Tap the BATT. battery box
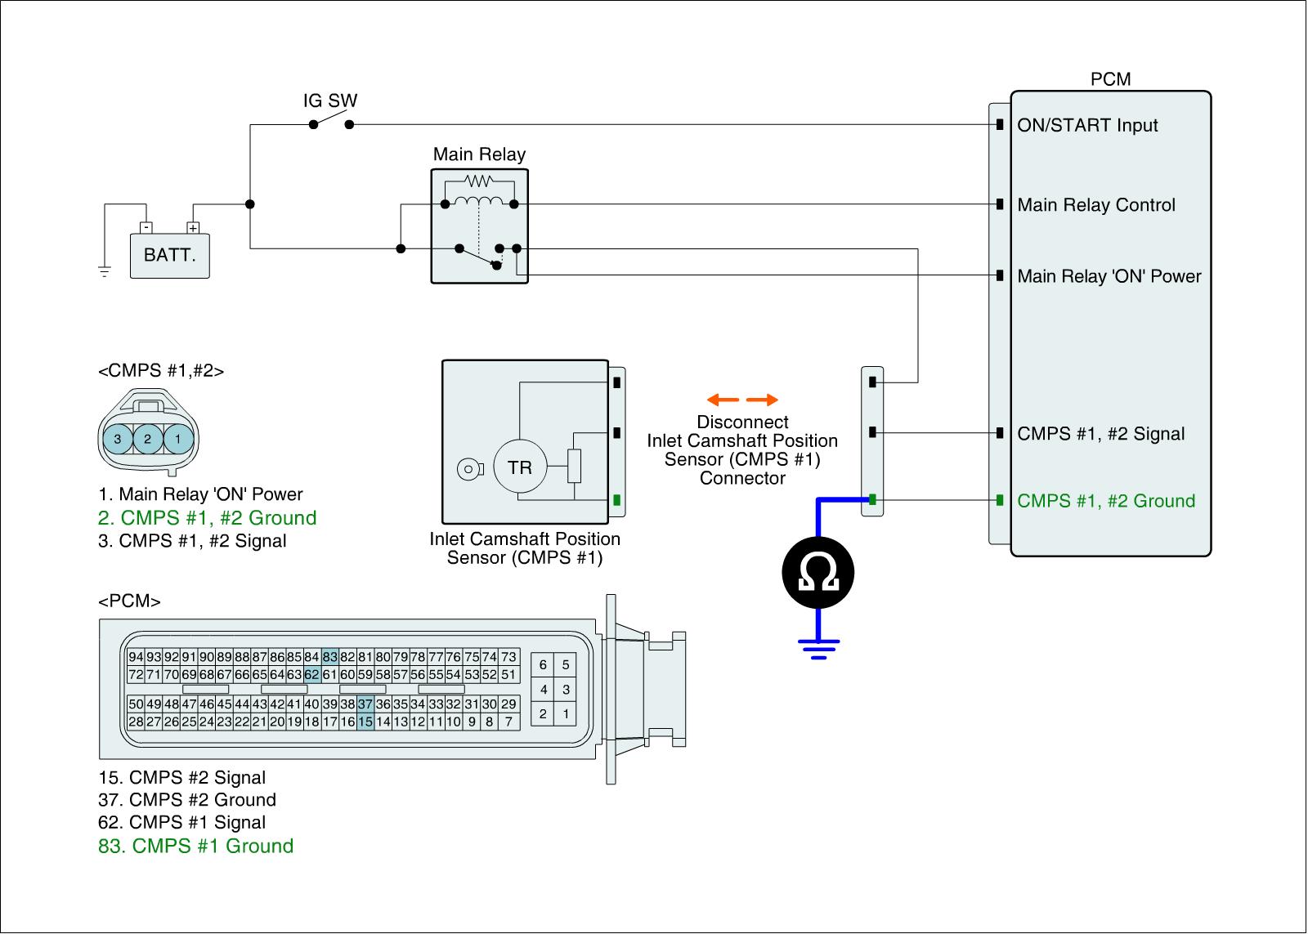pos(170,256)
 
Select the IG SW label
pos(330,101)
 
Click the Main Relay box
pos(480,226)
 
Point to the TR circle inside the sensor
pos(520,467)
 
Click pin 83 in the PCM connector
pos(330,657)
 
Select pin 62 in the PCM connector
pos(312,675)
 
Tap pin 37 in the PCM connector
pos(365,704)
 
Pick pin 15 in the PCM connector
pos(365,722)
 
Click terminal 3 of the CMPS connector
pos(118,440)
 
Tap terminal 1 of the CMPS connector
pos(177,440)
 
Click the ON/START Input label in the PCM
pos(1087,126)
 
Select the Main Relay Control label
pos(1095,205)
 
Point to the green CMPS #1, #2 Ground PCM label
pos(1105,501)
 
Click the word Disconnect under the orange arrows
pos(742,422)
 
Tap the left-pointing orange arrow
pos(722,400)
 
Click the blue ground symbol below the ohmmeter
pos(818,648)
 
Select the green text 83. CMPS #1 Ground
pos(195,846)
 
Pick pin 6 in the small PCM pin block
pos(543,665)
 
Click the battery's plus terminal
pos(193,228)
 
